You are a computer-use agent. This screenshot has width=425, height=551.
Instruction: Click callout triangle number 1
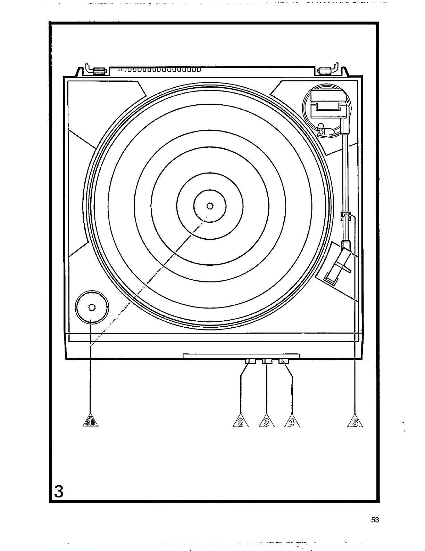[x=90, y=421]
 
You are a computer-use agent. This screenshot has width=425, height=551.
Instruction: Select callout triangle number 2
[x=241, y=421]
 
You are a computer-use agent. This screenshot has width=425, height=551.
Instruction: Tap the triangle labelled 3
[x=267, y=421]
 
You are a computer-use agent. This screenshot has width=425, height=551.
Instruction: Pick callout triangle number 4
[x=292, y=421]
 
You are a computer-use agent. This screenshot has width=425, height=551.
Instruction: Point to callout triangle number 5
[x=355, y=421]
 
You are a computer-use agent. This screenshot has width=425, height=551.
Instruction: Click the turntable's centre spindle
[x=210, y=206]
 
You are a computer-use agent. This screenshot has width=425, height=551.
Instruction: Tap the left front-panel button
[x=250, y=362]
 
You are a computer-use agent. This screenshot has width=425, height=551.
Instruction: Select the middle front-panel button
[x=267, y=362]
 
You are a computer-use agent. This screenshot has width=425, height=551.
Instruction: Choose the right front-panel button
[x=283, y=362]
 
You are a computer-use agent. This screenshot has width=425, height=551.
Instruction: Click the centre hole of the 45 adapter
[x=92, y=307]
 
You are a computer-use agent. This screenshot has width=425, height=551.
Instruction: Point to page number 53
[x=375, y=520]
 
